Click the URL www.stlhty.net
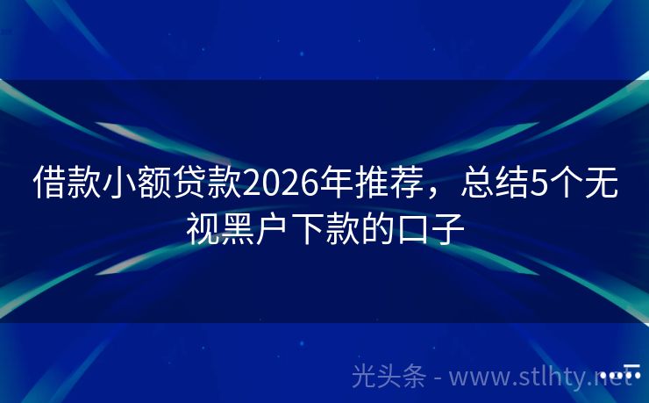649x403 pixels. pos(549,378)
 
